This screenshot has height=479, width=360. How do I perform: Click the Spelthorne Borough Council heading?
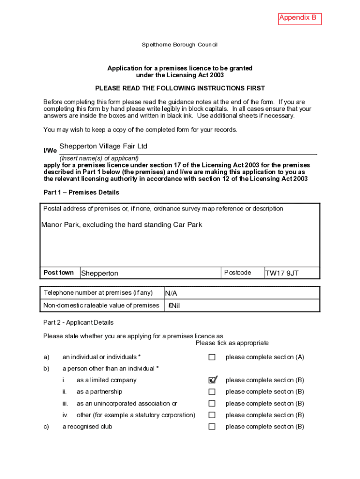tap(180, 45)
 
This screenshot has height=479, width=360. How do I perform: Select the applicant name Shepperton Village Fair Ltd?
tap(103, 146)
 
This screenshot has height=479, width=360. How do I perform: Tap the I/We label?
tap(50, 151)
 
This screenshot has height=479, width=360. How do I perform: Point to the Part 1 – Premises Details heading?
tap(81, 192)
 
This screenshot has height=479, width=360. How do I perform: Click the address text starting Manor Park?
tap(122, 225)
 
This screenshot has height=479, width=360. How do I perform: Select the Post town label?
tap(58, 273)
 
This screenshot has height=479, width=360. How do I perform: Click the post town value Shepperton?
tap(100, 273)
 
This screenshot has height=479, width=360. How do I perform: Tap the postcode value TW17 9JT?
tap(282, 273)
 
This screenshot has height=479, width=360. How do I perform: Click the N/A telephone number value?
tap(171, 293)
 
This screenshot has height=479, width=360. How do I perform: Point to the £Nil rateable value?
tap(174, 305)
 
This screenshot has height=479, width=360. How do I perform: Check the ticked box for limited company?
tap(212, 380)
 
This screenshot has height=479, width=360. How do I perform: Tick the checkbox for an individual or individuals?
tap(212, 357)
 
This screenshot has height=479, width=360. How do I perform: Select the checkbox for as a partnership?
tap(212, 392)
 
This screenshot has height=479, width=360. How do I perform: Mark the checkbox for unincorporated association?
tap(212, 403)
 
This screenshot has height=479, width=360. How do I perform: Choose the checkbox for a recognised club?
tap(212, 427)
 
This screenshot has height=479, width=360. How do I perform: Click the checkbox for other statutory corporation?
tap(212, 415)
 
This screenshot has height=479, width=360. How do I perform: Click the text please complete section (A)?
tap(265, 357)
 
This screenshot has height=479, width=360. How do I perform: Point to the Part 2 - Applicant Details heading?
tap(79, 322)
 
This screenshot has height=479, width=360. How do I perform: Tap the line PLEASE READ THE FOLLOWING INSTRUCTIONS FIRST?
tap(180, 88)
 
